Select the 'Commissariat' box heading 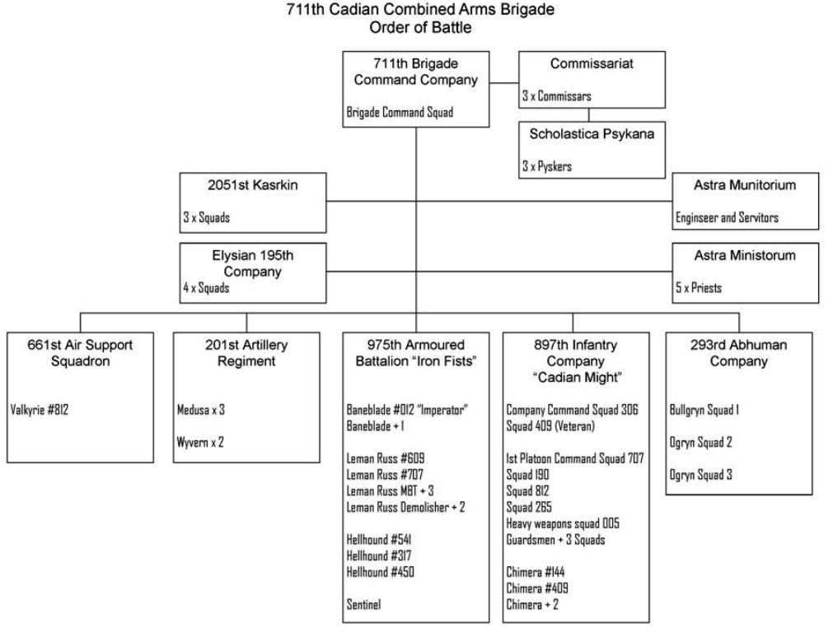click(592, 65)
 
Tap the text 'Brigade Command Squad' click(399, 113)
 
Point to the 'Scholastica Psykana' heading click(592, 134)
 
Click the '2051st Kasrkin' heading click(253, 186)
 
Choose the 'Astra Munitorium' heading click(746, 186)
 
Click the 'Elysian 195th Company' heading click(253, 263)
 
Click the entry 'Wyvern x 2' click(200, 442)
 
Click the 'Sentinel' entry click(363, 604)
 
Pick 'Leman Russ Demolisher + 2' click(405, 507)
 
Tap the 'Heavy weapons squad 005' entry click(563, 523)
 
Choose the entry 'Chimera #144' click(536, 572)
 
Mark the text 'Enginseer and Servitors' click(727, 218)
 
